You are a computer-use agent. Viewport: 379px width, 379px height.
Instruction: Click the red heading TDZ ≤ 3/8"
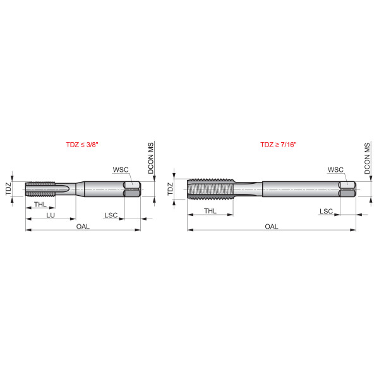pos(82,145)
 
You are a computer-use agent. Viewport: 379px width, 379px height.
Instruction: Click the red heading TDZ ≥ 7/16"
pos(278,145)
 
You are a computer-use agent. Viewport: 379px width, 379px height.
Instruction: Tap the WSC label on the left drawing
pos(121,169)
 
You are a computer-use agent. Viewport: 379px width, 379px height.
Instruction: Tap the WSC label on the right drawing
pos(335,169)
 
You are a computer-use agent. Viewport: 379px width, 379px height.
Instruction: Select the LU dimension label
pos(50,215)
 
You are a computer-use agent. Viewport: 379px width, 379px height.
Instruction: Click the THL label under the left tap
pos(40,205)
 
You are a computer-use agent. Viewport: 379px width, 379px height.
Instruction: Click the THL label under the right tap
pos(210,210)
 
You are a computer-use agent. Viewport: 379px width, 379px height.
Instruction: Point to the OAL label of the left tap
pos(83,226)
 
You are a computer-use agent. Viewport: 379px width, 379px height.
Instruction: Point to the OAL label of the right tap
pos(272,226)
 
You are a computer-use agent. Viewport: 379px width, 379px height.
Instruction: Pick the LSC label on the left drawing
pos(111,215)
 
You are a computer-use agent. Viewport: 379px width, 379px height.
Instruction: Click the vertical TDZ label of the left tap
pos(9,188)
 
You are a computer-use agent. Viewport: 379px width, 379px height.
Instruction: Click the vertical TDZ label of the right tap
pos(171,188)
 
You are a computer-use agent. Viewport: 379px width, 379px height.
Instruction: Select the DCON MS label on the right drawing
pos(367,159)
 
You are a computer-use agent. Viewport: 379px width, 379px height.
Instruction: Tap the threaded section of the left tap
pos(41,188)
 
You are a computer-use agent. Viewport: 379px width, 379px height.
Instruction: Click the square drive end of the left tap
pos(133,188)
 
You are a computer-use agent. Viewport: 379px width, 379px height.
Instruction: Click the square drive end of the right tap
pos(347,188)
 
